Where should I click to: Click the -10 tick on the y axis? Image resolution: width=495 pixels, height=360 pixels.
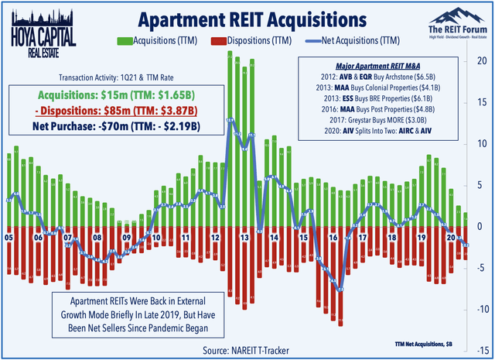coord(480,310)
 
